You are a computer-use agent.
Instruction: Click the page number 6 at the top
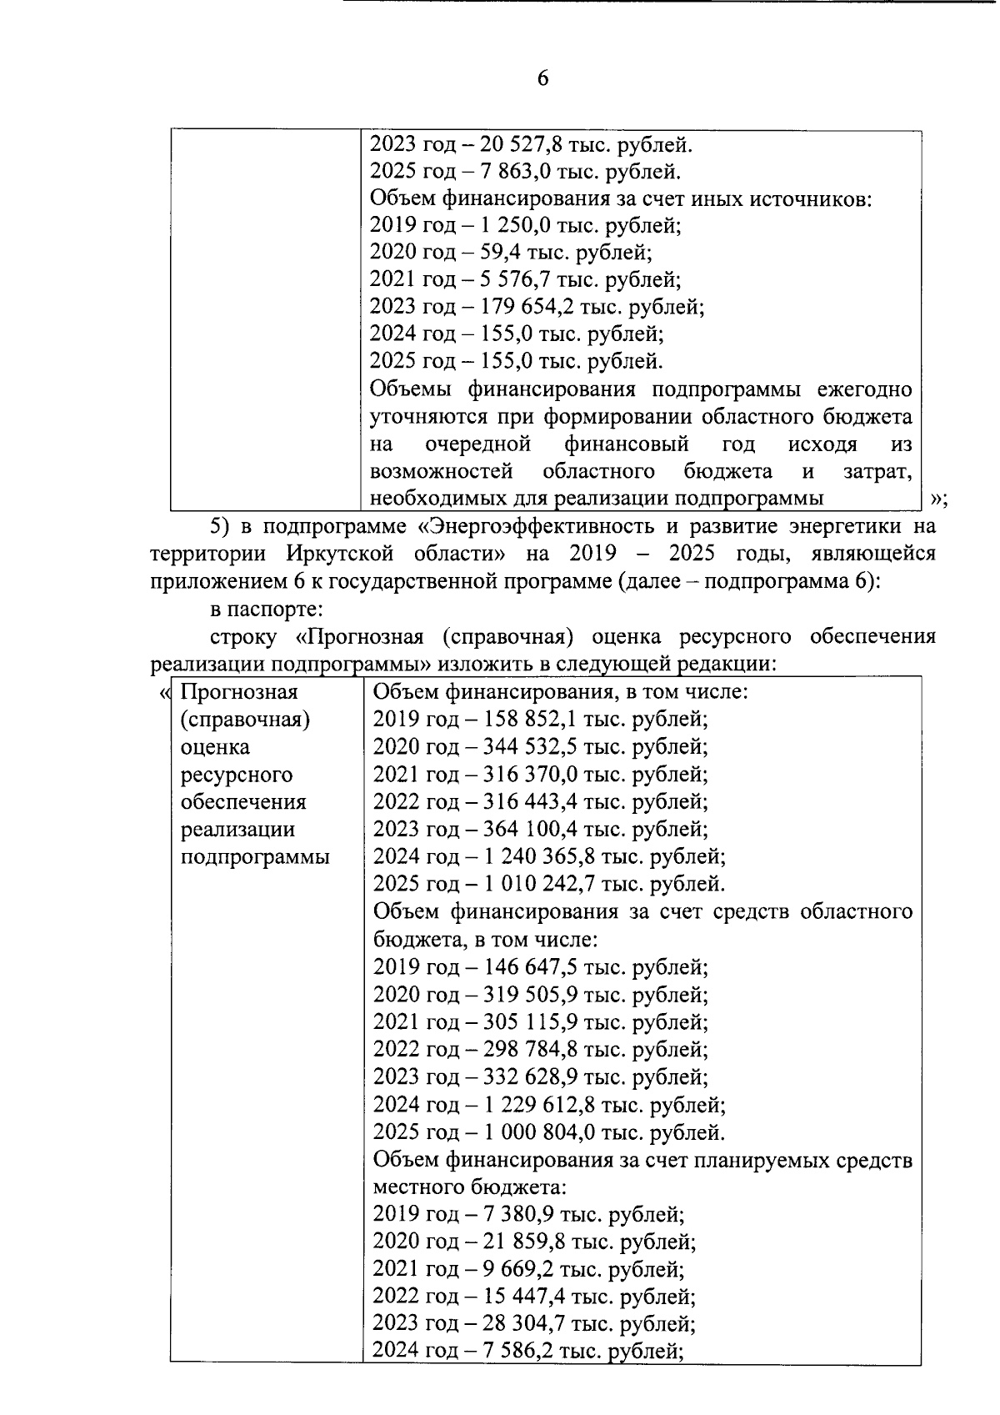543,78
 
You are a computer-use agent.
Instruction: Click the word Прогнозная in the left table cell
239,692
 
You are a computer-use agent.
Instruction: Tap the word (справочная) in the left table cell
246,720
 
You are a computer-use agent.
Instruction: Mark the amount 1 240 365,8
540,857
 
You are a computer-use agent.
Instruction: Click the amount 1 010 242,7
540,885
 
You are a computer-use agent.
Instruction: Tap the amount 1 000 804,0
540,1133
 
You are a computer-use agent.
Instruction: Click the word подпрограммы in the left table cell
255,857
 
